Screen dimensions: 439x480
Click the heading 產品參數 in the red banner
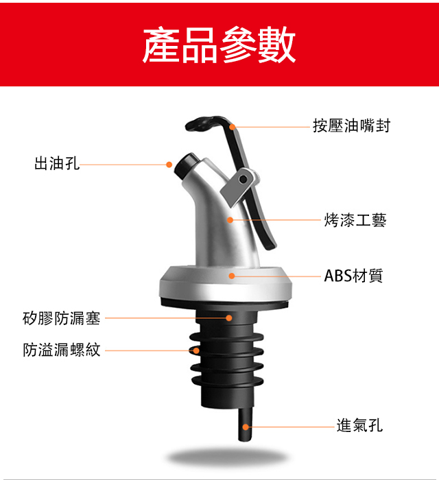[219, 45]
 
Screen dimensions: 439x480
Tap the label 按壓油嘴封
[351, 125]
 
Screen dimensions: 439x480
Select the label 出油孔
[57, 163]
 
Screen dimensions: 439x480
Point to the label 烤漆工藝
[355, 220]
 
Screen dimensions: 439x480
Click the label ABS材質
[353, 276]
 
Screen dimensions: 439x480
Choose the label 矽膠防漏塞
[62, 318]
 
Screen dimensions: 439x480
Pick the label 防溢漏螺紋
[62, 350]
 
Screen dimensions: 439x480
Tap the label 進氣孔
[359, 426]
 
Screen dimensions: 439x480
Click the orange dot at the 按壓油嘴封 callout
[233, 127]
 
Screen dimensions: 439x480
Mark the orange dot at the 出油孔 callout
[169, 165]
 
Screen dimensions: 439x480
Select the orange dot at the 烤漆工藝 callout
[230, 220]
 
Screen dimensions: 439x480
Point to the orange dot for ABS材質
[232, 276]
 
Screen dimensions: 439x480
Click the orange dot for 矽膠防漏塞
[228, 318]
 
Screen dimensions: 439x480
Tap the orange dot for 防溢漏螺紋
[196, 350]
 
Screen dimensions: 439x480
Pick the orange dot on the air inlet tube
[246, 427]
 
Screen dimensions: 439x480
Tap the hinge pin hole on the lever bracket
[243, 179]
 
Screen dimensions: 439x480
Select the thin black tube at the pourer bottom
[246, 424]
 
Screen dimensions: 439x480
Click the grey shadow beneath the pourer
[227, 458]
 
